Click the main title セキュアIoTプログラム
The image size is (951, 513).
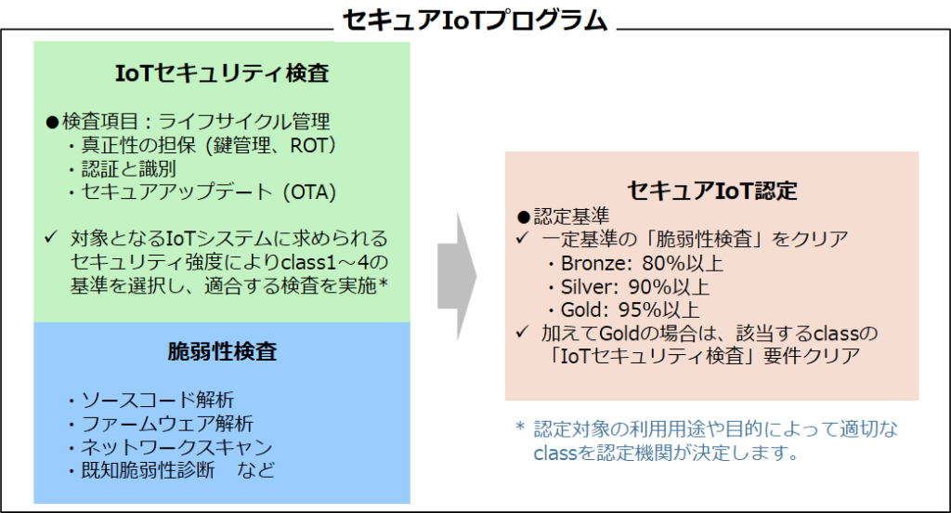475,20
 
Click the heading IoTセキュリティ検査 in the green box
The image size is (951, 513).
222,72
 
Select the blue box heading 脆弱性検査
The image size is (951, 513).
222,351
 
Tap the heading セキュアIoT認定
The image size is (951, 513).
712,191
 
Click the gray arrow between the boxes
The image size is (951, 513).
457,276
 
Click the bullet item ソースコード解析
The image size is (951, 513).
157,400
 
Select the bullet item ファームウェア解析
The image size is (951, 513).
167,424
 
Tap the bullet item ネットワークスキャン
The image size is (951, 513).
176,447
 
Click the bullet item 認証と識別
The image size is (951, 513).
128,169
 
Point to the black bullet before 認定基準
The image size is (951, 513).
524,217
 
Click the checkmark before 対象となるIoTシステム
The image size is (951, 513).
51,237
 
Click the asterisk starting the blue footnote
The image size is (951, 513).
520,427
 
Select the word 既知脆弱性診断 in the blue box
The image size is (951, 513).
148,470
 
